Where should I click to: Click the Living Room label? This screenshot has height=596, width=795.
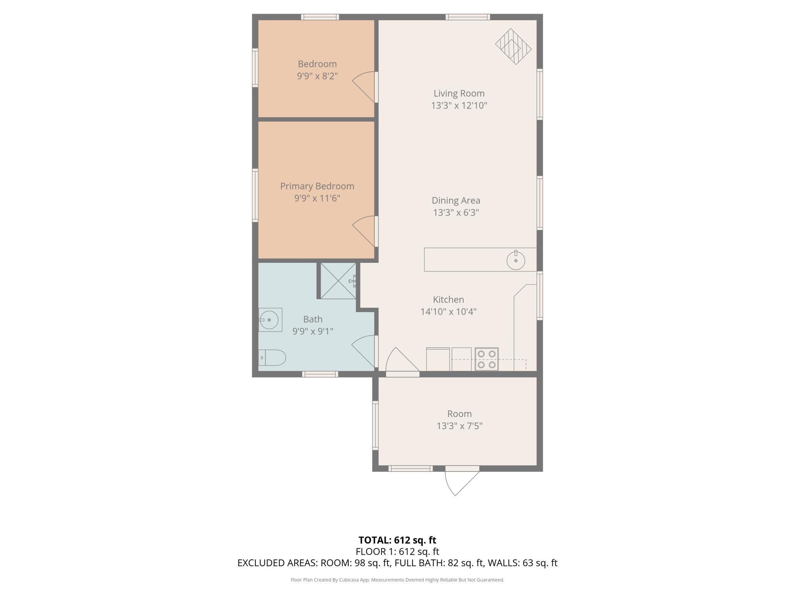coord(459,93)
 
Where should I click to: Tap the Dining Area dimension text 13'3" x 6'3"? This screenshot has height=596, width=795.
coord(456,212)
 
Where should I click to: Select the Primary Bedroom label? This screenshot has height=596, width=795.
coord(317,186)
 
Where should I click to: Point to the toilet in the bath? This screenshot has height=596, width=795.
coord(272,358)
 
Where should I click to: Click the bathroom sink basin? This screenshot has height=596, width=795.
coord(269,320)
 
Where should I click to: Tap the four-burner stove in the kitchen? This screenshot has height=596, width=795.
coord(487,359)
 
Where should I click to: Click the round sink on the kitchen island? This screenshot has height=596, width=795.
coord(516,260)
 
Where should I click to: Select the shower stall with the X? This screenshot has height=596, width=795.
coord(338,281)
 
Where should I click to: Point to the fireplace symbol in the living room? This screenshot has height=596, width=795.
coord(513,47)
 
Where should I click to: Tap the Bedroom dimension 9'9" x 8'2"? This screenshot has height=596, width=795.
coord(317,76)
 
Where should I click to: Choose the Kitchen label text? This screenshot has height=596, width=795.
coord(448,300)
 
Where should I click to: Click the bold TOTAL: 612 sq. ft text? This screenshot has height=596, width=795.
coord(397,540)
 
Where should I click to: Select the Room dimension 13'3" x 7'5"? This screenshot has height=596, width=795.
coord(459,426)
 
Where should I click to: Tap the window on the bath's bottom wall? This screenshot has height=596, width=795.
coord(320,374)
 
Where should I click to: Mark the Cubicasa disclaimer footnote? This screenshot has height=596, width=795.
coord(397,580)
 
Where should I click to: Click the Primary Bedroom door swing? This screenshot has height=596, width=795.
coord(363,232)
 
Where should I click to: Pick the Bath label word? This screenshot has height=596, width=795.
coord(313,319)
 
